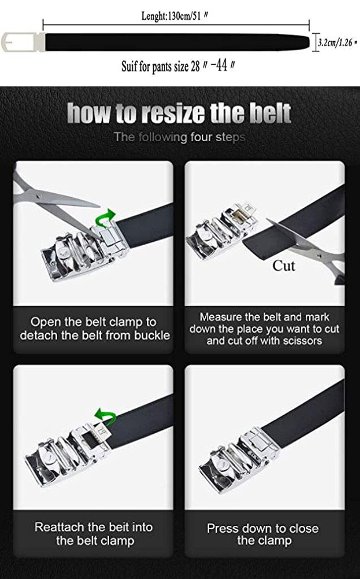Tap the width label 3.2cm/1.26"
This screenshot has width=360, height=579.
click(337, 42)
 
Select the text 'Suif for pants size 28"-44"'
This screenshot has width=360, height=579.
click(178, 66)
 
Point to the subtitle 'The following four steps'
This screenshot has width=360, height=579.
click(179, 137)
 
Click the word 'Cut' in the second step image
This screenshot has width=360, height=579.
click(284, 265)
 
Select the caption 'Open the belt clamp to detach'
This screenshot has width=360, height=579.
click(94, 329)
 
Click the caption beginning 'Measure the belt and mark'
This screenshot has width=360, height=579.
click(264, 329)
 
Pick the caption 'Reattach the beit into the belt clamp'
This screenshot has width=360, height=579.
click(94, 534)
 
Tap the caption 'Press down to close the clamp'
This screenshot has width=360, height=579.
click(263, 534)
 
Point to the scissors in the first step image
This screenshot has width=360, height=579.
click(51, 203)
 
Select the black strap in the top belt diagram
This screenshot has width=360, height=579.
click(178, 42)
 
